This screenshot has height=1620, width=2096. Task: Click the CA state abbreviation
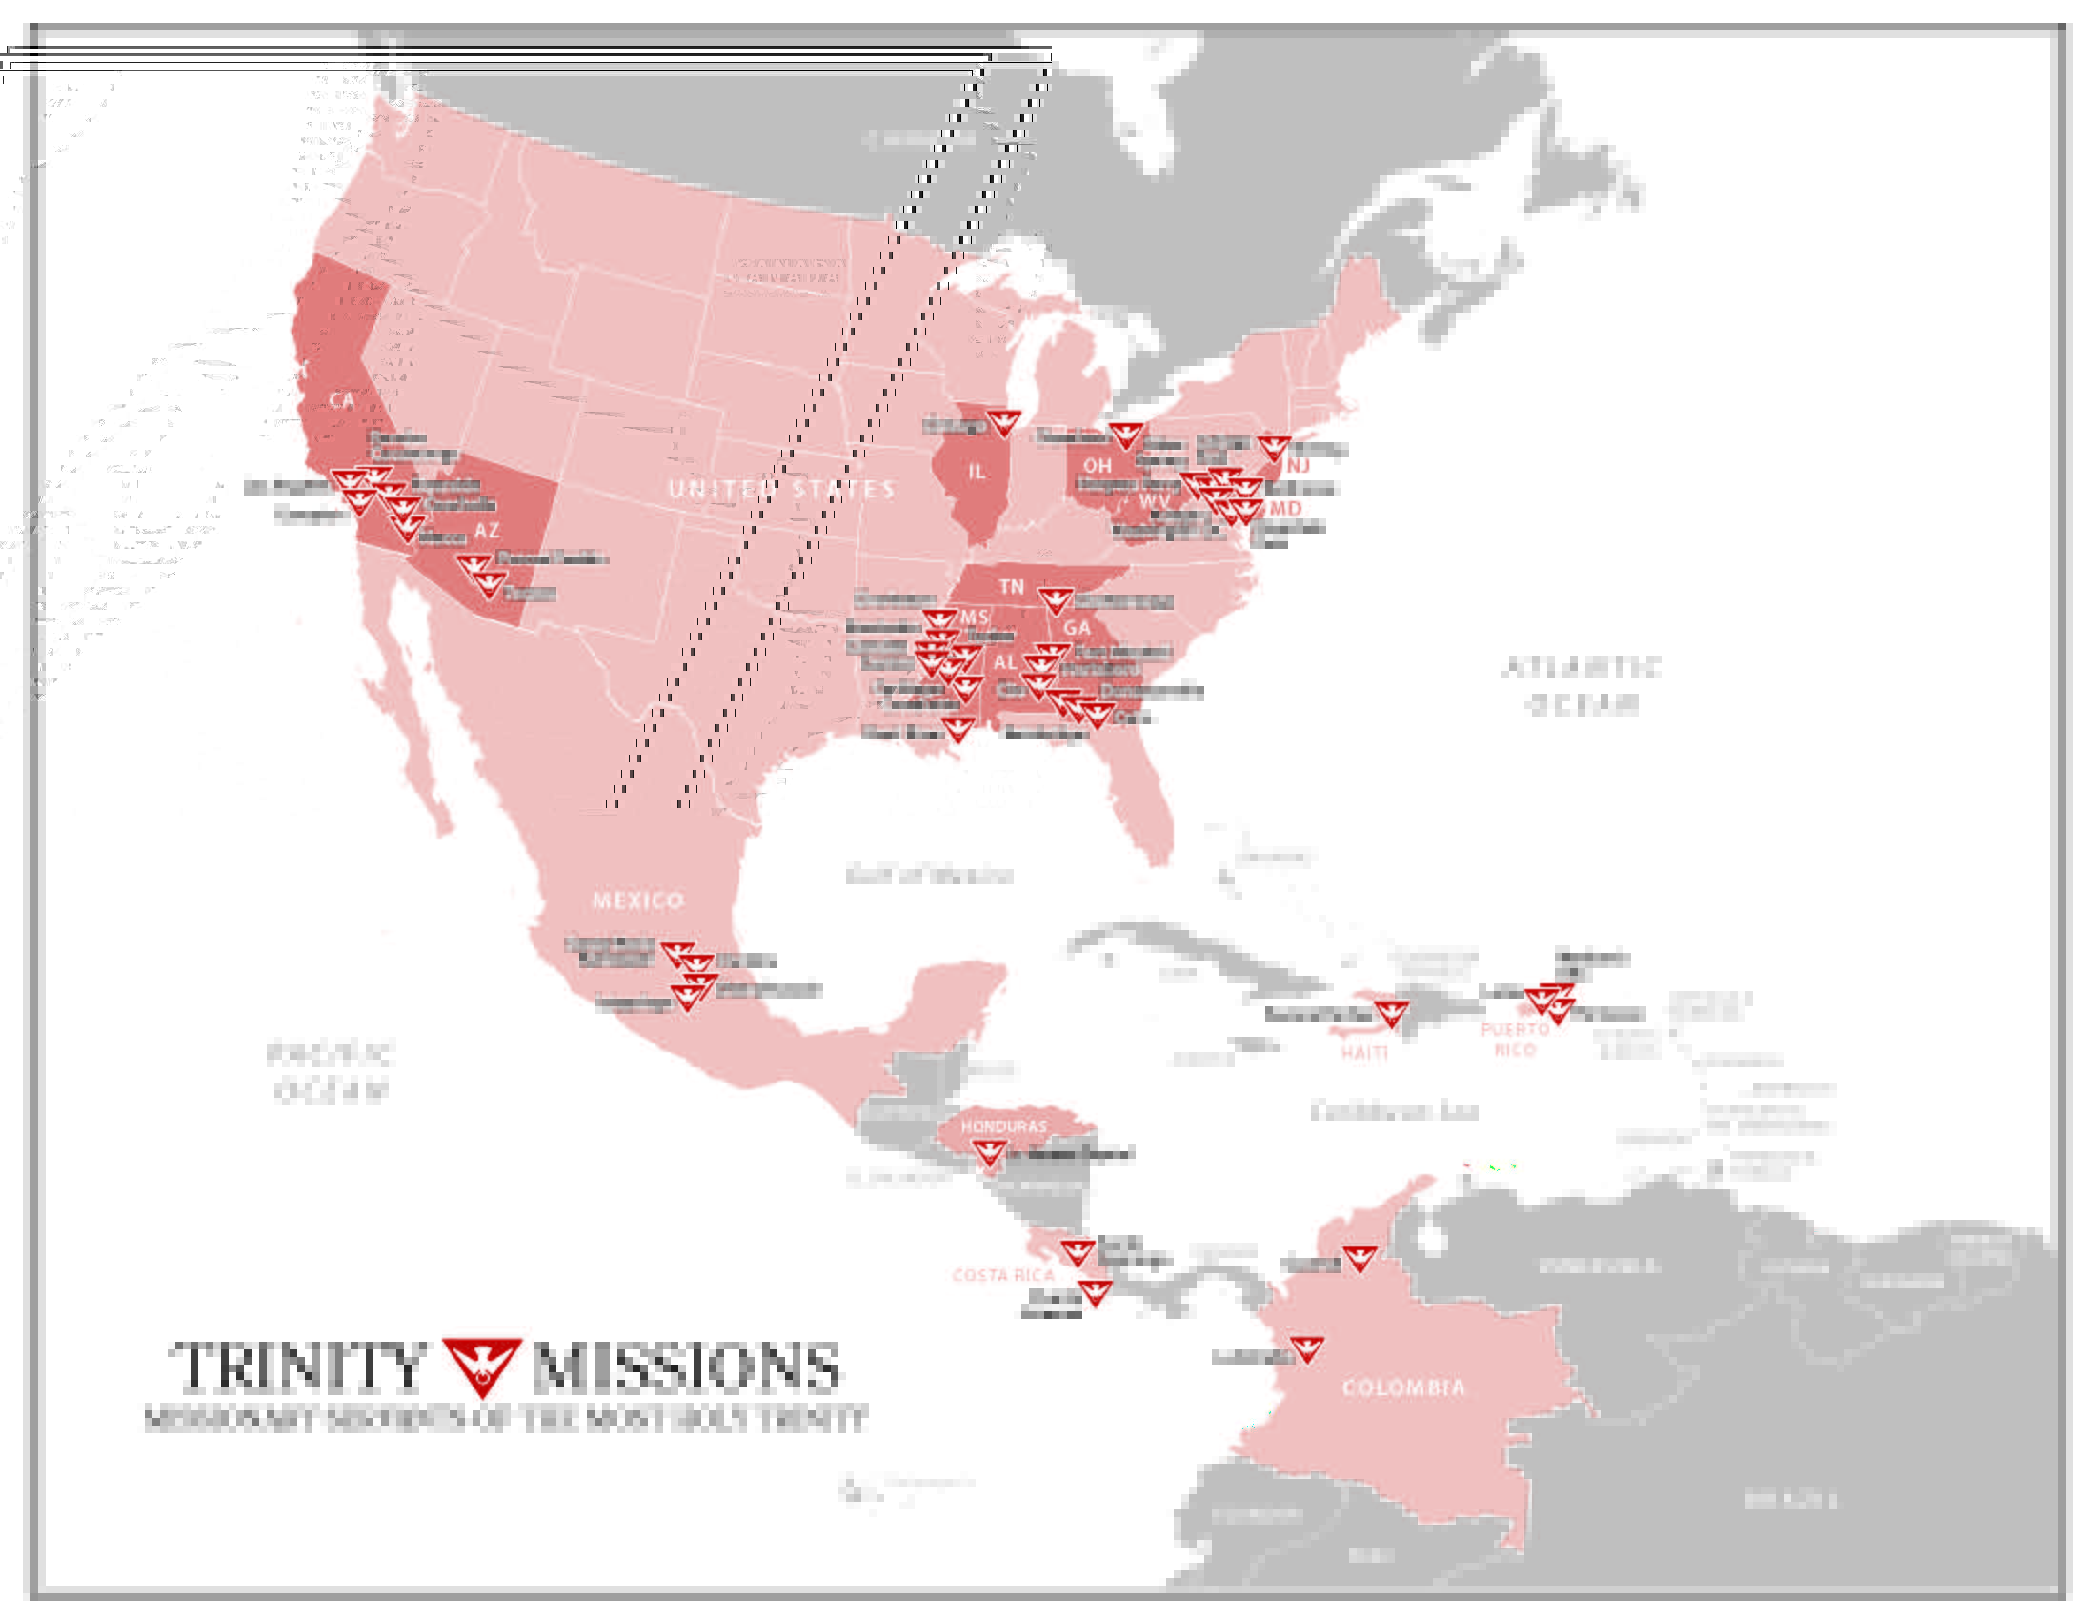coord(341,401)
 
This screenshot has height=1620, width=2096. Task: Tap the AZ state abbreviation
coord(487,530)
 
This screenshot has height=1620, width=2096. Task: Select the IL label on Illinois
coord(976,471)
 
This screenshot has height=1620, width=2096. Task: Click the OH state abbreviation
coord(1097,465)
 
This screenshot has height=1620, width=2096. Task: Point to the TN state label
coord(1011,586)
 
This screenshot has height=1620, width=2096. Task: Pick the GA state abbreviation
coord(1076,628)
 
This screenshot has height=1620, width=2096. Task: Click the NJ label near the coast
coord(1298,465)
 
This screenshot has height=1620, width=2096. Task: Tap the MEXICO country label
coord(638,901)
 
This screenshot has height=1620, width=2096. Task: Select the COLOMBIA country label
coord(1403,1387)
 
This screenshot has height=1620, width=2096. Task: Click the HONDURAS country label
coord(1003,1125)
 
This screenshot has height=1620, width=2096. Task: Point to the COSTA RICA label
coord(1003,1274)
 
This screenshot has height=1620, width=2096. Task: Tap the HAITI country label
coord(1363,1053)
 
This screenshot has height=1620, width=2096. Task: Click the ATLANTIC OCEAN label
coord(1581,685)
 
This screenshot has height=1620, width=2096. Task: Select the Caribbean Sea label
coord(1394,1111)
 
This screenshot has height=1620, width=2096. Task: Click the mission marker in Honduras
coord(989,1152)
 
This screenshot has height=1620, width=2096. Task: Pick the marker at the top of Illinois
coord(1004,421)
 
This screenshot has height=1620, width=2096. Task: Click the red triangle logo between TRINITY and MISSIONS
coord(482,1365)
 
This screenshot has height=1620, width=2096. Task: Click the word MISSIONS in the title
coord(686,1367)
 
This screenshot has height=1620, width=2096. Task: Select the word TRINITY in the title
coord(297,1367)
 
